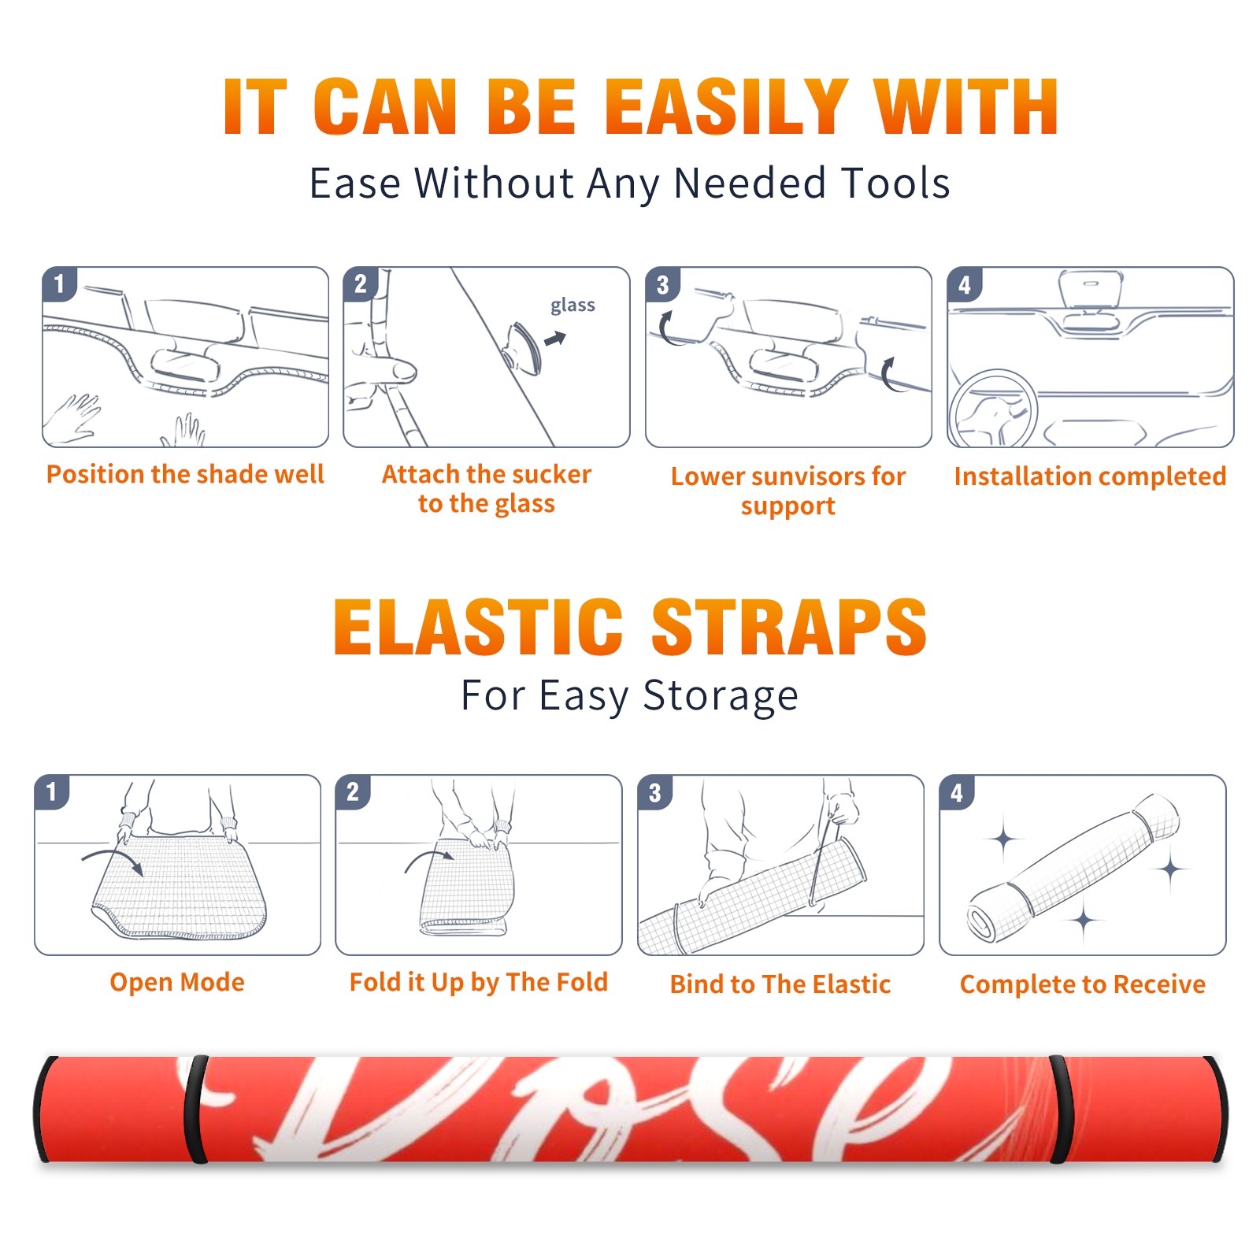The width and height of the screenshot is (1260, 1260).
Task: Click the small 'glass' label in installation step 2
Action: [x=573, y=306]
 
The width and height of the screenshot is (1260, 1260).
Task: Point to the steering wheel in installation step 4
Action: [x=993, y=409]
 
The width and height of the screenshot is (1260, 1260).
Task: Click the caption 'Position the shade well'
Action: [x=185, y=474]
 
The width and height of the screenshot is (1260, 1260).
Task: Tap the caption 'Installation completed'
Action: [x=1090, y=476]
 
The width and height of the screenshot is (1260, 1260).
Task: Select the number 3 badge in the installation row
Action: [x=662, y=284]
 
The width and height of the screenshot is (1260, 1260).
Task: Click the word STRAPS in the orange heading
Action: [x=789, y=627]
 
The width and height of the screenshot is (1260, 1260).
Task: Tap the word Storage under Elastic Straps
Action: [x=721, y=696]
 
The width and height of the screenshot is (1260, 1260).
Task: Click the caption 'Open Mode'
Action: [x=177, y=982]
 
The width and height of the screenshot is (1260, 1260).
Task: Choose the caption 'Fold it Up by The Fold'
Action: [x=479, y=983]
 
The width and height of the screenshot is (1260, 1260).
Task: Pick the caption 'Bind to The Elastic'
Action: [x=780, y=984]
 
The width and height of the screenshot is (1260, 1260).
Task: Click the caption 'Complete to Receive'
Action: [x=1083, y=984]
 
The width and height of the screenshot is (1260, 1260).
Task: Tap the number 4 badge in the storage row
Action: [x=956, y=792]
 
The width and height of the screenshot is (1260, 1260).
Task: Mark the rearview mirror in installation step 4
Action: [x=1090, y=289]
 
